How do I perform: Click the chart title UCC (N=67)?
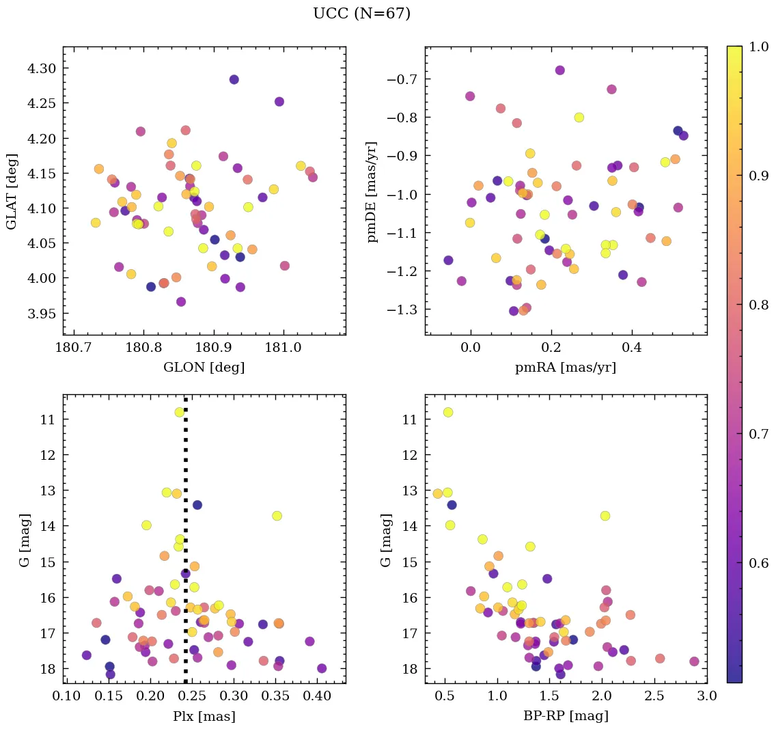(x=361, y=14)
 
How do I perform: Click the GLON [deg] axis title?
(x=204, y=367)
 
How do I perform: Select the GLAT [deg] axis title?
(x=12, y=191)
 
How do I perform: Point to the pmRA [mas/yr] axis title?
(x=566, y=367)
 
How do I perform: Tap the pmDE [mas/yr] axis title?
(x=372, y=191)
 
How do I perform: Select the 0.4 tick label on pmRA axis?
(x=632, y=348)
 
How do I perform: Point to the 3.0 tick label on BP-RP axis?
(x=706, y=696)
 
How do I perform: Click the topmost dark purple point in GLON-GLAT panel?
(x=234, y=79)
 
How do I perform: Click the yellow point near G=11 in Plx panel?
(x=180, y=412)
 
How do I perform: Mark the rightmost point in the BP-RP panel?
(x=694, y=661)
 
